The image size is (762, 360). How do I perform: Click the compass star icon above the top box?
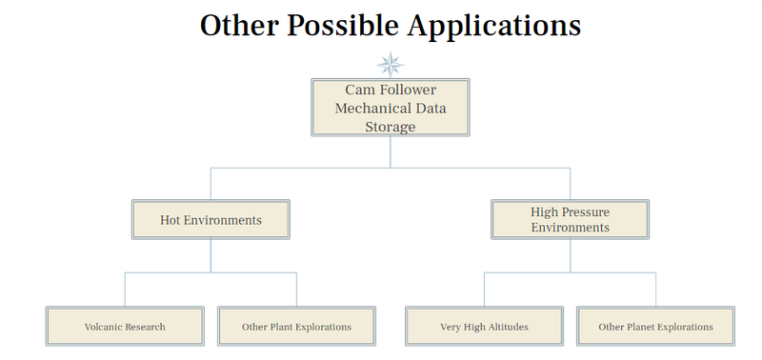click(x=391, y=65)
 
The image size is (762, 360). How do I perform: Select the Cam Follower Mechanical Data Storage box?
click(x=391, y=108)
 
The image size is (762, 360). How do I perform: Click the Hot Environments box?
click(x=211, y=220)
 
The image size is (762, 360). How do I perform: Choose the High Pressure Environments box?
click(x=570, y=220)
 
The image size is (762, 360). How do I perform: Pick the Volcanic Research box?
click(x=125, y=327)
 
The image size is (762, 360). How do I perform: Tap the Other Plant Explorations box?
click(x=296, y=327)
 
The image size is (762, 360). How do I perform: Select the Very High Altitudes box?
click(x=484, y=327)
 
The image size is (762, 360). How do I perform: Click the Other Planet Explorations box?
click(x=655, y=327)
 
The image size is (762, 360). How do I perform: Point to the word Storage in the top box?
click(x=391, y=127)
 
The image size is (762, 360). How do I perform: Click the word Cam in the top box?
click(x=358, y=90)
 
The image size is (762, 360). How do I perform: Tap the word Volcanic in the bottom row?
click(x=103, y=327)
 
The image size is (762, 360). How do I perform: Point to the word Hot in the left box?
click(x=170, y=220)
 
